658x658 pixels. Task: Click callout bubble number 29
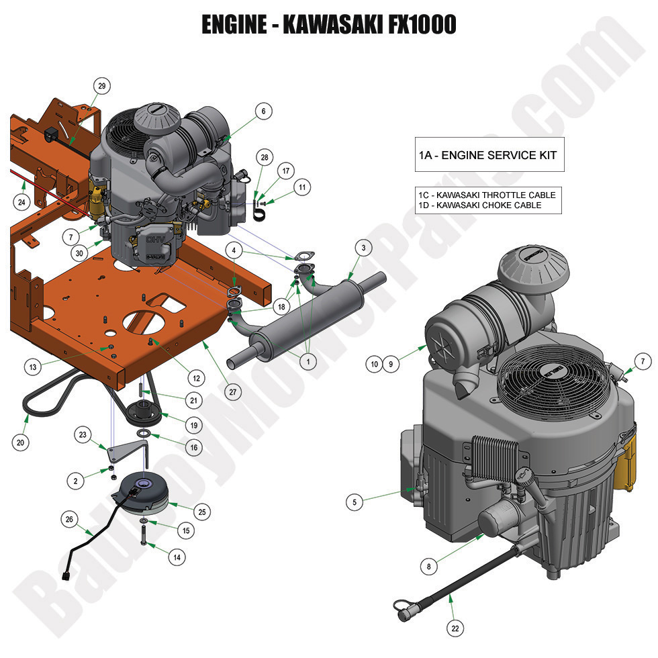102,86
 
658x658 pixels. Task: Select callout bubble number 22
455,628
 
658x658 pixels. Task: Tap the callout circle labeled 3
363,248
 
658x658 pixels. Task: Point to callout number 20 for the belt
21,442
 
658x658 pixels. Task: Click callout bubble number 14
177,557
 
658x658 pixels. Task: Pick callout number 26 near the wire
68,519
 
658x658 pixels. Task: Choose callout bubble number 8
429,567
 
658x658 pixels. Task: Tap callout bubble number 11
303,187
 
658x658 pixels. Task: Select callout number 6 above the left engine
263,111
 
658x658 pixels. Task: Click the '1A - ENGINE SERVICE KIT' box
487,155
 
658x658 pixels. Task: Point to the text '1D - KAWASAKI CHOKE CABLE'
479,205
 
